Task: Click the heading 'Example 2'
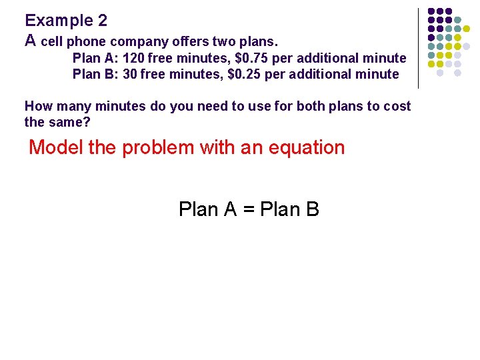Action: pyautogui.click(x=66, y=21)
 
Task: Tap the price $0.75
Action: pyautogui.click(x=249, y=58)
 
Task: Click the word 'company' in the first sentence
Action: pyautogui.click(x=131, y=42)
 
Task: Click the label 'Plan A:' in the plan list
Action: pyautogui.click(x=95, y=58)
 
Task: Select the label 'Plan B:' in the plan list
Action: pyautogui.click(x=95, y=74)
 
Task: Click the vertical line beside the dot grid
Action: pyautogui.click(x=418, y=48)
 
